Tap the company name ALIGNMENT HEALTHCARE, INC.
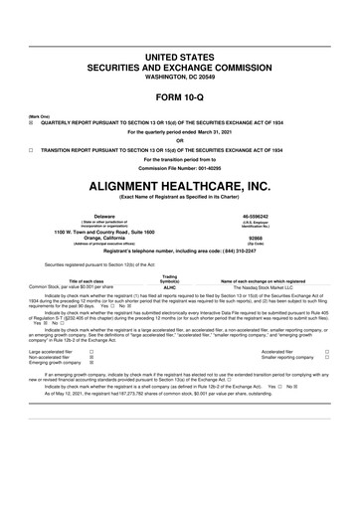pyautogui.click(x=180, y=186)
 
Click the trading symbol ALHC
pyautogui.click(x=169, y=285)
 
